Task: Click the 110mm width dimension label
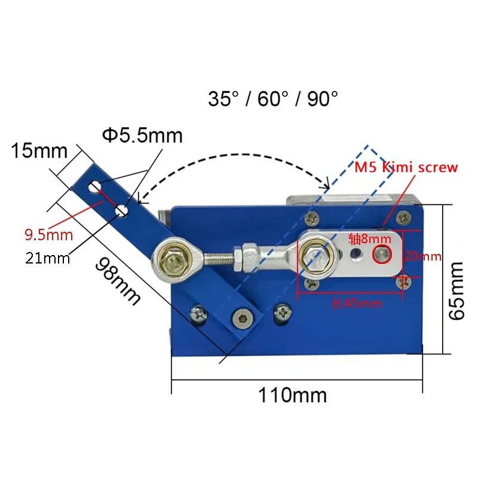pos(292,395)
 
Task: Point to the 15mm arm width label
pos(39,151)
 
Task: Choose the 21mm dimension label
pos(47,258)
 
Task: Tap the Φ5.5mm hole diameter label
pos(142,136)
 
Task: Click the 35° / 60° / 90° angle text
pos(273,99)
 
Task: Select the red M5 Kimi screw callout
pos(406,168)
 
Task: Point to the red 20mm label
pos(422,257)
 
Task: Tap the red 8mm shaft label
pos(370,240)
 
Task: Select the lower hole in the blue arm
pos(122,210)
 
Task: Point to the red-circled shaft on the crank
pos(382,256)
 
